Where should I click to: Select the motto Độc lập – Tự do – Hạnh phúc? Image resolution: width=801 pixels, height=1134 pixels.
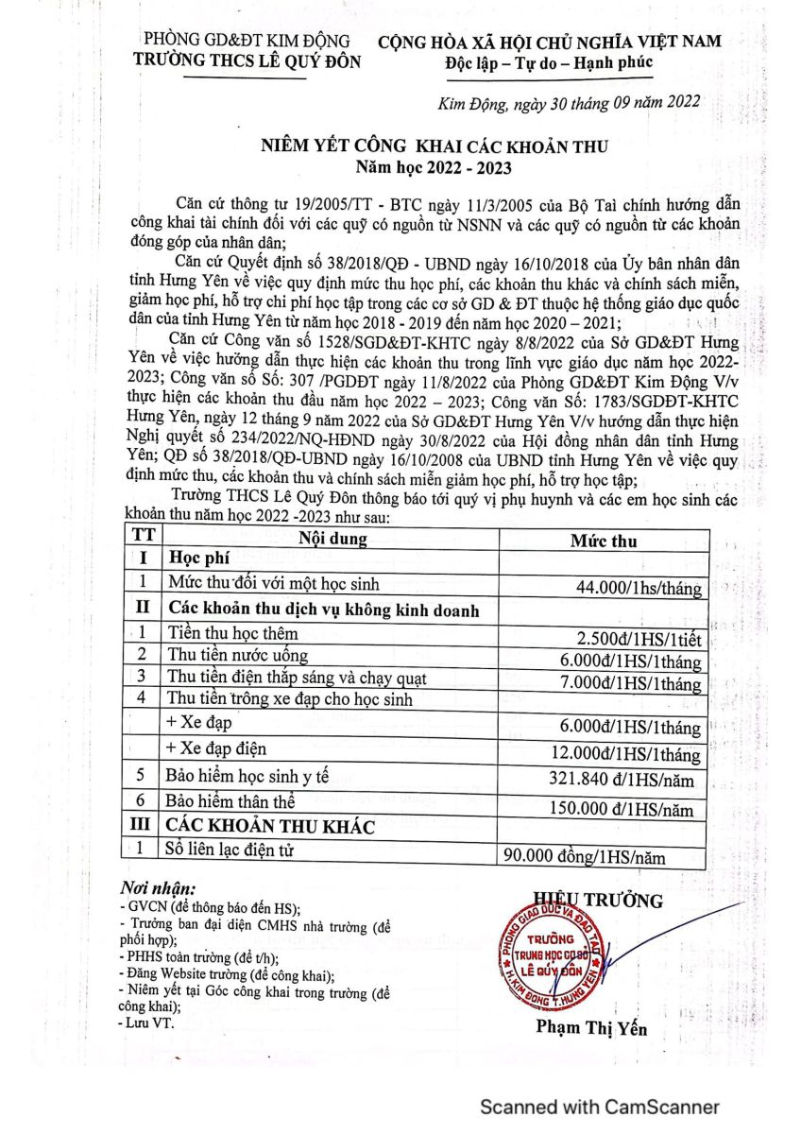pos(548,62)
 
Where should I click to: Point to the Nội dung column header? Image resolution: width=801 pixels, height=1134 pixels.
pos(333,540)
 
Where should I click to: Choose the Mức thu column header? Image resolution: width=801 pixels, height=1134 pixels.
pos(604,541)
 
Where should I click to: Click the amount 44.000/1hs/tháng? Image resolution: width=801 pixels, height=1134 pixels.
pos(639,589)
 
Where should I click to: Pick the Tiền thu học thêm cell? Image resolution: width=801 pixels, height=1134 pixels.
pos(232,632)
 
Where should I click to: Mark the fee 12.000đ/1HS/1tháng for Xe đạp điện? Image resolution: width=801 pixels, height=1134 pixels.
pos(637,754)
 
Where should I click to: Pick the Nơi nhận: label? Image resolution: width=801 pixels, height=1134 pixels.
pos(158,889)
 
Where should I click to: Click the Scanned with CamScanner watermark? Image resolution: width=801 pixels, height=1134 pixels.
pos(600,1107)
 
